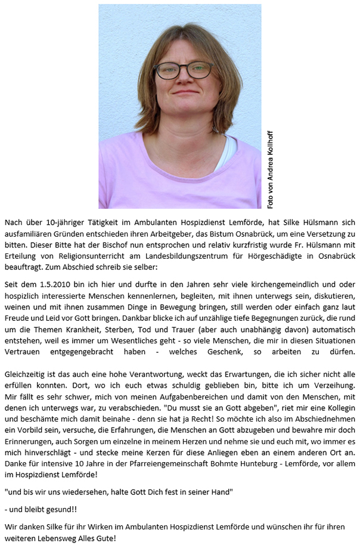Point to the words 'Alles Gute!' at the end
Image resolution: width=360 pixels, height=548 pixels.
(96, 538)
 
